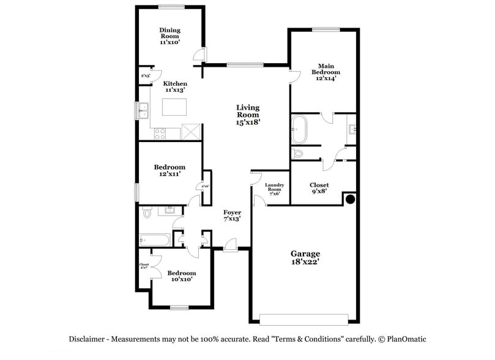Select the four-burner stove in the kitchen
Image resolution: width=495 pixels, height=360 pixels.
(x=160, y=132)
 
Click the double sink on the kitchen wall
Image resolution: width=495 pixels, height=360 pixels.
(x=143, y=111)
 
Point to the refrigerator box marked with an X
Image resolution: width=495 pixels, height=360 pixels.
(x=191, y=131)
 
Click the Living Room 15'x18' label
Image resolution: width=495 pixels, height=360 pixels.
(x=248, y=114)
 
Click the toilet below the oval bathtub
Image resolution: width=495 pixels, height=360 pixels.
(x=298, y=153)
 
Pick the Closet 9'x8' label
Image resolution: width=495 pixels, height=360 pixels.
(x=319, y=187)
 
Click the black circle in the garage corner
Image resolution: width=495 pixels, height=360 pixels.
(x=351, y=199)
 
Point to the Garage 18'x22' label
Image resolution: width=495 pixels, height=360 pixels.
(x=305, y=257)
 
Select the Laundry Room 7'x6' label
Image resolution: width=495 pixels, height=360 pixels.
(x=272, y=189)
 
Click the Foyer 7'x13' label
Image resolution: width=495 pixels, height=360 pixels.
(x=231, y=215)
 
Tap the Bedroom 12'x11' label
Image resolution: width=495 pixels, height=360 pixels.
(x=169, y=170)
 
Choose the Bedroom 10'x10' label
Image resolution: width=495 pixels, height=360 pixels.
(x=182, y=276)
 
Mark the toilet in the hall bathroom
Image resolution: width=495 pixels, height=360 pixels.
(x=147, y=212)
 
